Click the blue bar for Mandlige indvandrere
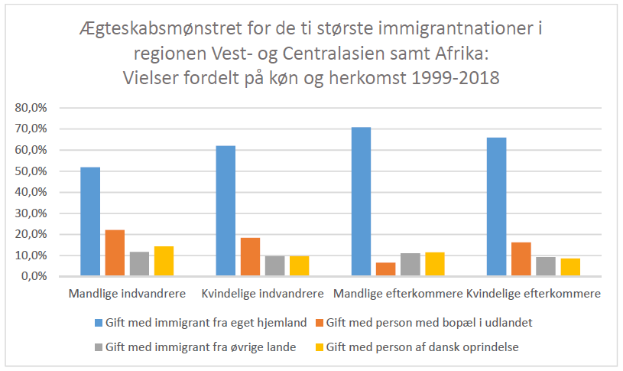(x=90, y=221)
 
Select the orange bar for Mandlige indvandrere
(x=115, y=252)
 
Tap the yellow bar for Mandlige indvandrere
(x=164, y=260)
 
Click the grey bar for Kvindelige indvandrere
(x=274, y=265)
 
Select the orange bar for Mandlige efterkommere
(x=385, y=268)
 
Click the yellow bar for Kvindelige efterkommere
(x=570, y=267)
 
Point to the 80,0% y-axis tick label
(x=31, y=108)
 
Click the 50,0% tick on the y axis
(x=31, y=171)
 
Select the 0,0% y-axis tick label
(x=34, y=276)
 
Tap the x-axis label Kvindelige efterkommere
(x=534, y=293)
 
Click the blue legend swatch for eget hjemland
(x=97, y=323)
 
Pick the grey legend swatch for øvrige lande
(x=97, y=347)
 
